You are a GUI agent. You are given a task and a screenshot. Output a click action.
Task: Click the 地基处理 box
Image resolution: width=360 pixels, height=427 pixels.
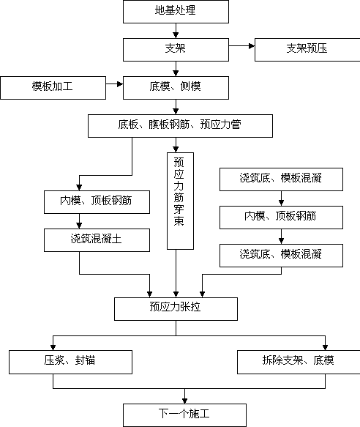pyautogui.click(x=176, y=12)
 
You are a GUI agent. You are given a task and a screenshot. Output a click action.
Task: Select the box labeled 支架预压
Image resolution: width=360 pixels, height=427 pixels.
pyautogui.click(x=307, y=50)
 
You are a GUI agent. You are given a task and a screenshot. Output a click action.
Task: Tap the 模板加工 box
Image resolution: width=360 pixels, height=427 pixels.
pyautogui.click(x=53, y=88)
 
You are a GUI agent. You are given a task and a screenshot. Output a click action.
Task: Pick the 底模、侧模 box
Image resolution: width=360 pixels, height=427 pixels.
pyautogui.click(x=176, y=88)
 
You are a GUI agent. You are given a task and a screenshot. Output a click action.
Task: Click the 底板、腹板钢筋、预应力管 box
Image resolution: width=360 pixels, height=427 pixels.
pyautogui.click(x=180, y=126)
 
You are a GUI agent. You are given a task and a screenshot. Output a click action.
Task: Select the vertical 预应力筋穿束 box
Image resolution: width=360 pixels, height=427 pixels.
pyautogui.click(x=180, y=201)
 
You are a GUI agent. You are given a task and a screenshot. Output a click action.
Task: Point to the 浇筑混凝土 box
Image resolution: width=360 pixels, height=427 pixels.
pyautogui.click(x=97, y=240)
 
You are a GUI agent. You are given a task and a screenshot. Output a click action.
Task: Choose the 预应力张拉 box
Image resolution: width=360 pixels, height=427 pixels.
pyautogui.click(x=176, y=309)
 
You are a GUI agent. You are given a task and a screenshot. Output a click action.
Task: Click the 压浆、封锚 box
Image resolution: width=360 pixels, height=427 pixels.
pyautogui.click(x=70, y=362)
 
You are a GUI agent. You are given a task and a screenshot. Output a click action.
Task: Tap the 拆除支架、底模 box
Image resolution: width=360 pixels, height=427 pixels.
pyautogui.click(x=299, y=362)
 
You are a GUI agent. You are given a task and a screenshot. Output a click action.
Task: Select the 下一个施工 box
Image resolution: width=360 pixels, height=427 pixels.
pyautogui.click(x=185, y=415)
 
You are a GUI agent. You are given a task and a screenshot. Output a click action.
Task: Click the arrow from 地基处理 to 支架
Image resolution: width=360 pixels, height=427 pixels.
pyautogui.click(x=176, y=31)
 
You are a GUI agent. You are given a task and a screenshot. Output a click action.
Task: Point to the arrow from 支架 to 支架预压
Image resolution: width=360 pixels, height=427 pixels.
pyautogui.click(x=241, y=45)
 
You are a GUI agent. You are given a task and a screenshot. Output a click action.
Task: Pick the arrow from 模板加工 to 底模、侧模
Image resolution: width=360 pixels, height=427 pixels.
pyautogui.click(x=115, y=84)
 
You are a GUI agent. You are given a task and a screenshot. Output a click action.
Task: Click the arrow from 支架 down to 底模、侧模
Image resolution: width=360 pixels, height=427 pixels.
pyautogui.click(x=176, y=69)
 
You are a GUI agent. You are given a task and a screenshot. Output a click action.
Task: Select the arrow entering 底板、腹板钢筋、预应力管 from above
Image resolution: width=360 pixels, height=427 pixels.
pyautogui.click(x=176, y=107)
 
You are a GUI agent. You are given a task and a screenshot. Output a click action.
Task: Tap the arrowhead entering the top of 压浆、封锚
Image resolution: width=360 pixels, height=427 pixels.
pyautogui.click(x=53, y=347)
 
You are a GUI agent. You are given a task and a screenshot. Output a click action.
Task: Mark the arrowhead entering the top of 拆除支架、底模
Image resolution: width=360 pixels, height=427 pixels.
pyautogui.click(x=325, y=347)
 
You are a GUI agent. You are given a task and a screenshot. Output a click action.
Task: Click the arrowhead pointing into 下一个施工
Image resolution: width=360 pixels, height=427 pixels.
pyautogui.click(x=185, y=401)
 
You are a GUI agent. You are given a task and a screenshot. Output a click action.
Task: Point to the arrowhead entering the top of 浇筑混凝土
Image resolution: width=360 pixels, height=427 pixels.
pyautogui.click(x=79, y=226)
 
